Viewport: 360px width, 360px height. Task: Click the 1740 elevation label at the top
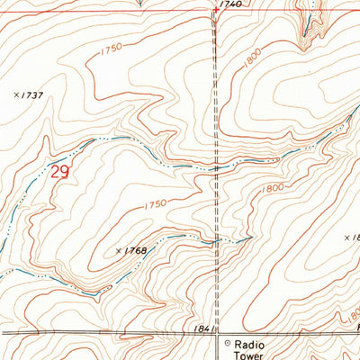pos(230,5)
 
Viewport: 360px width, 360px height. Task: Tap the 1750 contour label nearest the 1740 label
pos(111,49)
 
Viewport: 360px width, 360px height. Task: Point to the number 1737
pos(34,94)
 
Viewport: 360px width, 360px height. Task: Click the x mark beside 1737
pos(16,94)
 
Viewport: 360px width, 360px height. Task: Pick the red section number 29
pos(60,171)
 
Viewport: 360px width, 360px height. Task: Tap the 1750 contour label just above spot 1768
pos(155,205)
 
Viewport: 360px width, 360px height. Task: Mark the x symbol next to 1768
pos(119,250)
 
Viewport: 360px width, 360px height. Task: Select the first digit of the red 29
pos(56,171)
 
